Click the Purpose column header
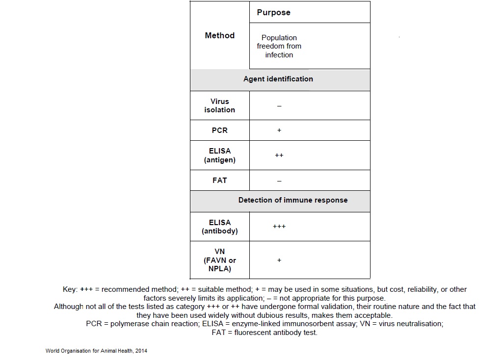point(273,13)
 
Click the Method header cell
point(219,35)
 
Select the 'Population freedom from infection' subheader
point(279,46)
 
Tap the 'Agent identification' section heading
point(278,79)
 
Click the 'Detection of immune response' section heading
point(292,200)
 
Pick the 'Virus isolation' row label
point(219,105)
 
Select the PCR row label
point(219,130)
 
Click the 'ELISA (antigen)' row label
point(219,155)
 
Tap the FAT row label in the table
point(219,180)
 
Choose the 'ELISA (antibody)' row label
point(219,227)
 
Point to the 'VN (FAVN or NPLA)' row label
point(219,260)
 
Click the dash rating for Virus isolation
point(279,106)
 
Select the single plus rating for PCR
point(279,130)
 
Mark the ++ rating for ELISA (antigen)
point(279,155)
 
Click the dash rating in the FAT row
point(279,181)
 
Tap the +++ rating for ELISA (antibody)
point(279,227)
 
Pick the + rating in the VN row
point(279,260)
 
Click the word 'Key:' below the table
point(70,289)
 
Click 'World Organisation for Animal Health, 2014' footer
point(96,351)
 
